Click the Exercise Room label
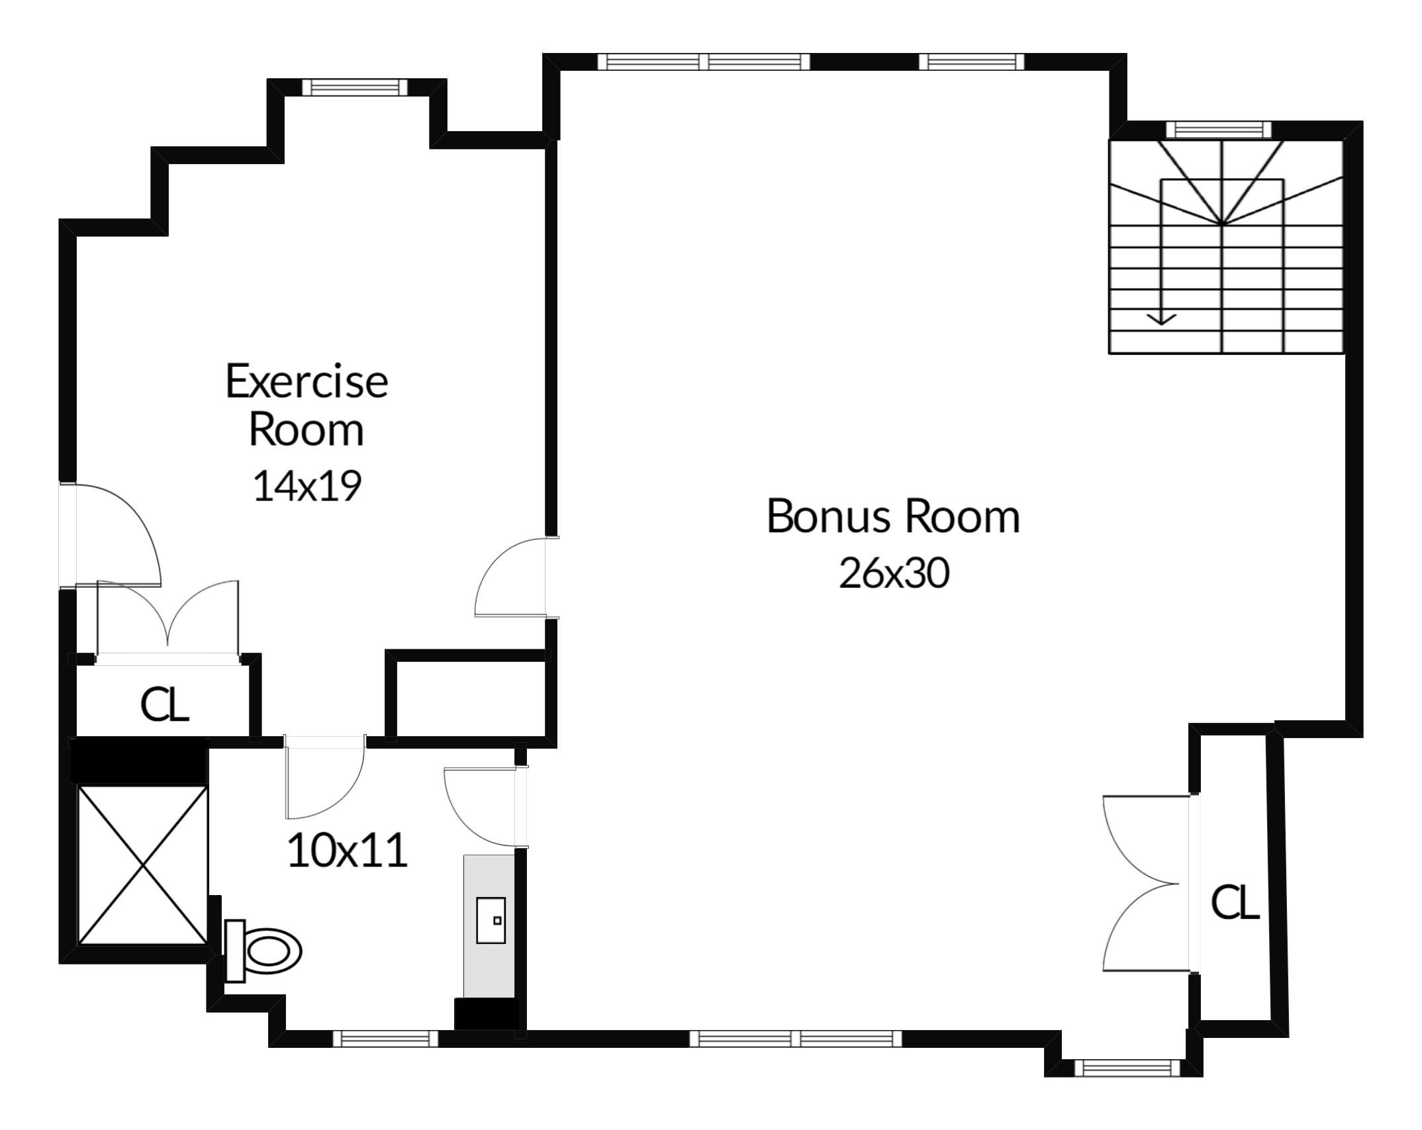307,405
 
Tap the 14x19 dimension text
307,486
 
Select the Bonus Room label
893,516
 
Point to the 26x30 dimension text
894,573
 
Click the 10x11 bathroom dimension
348,851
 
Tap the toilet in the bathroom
263,951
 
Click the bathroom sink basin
491,920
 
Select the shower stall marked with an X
142,865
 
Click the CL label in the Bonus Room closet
1235,902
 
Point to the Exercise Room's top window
355,87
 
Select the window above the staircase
1219,129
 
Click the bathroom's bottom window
385,1039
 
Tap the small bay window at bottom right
1127,1068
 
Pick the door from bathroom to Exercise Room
325,777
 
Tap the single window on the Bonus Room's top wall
971,62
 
